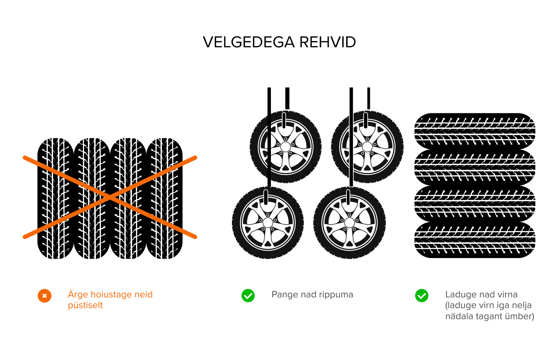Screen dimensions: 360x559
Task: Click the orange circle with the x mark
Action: tap(44, 296)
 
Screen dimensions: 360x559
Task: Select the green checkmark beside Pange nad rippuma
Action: tap(248, 295)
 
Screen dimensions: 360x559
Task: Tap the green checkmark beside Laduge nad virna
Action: tap(422, 295)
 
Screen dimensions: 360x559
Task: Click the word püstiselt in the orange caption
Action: tap(85, 305)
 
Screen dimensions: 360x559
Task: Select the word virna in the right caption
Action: tap(507, 295)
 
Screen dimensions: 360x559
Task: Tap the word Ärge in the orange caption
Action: tap(78, 295)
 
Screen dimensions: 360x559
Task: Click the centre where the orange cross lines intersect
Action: tap(110, 197)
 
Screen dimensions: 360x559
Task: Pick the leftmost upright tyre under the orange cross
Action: tap(55, 199)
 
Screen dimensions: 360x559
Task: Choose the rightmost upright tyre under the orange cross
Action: tap(165, 199)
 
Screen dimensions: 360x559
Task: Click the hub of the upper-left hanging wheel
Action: tap(285, 147)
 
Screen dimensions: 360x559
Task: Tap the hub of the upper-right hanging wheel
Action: tap(367, 147)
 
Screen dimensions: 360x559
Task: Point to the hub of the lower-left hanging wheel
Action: tap(268, 223)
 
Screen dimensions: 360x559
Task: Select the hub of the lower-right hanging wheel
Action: tap(350, 223)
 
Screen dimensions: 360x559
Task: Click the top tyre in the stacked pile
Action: tap(475, 131)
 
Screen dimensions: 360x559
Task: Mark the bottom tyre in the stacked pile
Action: tap(475, 240)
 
